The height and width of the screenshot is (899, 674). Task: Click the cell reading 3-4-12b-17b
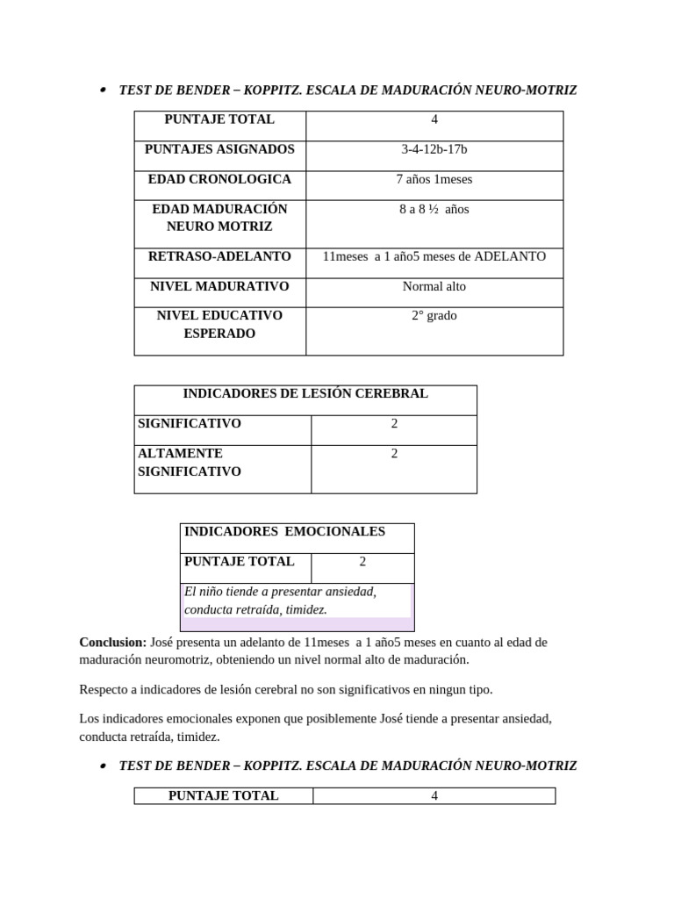[x=434, y=149]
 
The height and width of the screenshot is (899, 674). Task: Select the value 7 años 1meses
[x=434, y=179]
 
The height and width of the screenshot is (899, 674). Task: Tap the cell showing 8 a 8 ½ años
[x=434, y=209]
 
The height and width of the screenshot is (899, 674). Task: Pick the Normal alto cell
[x=434, y=286]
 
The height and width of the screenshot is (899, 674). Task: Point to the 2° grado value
[x=434, y=315]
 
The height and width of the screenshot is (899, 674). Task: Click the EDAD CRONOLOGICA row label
[x=219, y=179]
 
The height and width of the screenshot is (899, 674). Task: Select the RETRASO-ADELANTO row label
[x=219, y=256]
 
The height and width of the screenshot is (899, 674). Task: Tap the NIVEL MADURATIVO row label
[x=219, y=286]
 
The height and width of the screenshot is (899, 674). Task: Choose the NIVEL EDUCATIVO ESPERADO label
[x=219, y=324]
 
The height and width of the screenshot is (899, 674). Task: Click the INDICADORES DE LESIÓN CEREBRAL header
[x=305, y=393]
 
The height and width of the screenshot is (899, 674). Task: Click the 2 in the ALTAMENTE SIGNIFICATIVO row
[x=394, y=453]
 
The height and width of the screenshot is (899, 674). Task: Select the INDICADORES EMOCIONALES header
[x=284, y=531]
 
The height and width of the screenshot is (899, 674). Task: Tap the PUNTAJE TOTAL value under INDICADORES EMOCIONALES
[x=362, y=561]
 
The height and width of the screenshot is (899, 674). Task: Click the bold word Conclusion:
[x=113, y=642]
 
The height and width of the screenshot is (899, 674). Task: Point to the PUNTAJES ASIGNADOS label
[x=219, y=149]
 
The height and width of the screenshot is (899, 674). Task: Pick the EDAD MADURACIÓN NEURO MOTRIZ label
[x=219, y=218]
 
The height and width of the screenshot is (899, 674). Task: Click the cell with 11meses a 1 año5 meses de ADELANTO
[x=434, y=256]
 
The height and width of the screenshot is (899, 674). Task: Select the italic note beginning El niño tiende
[x=280, y=601]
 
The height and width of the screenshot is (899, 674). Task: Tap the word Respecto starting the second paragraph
[x=104, y=689]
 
